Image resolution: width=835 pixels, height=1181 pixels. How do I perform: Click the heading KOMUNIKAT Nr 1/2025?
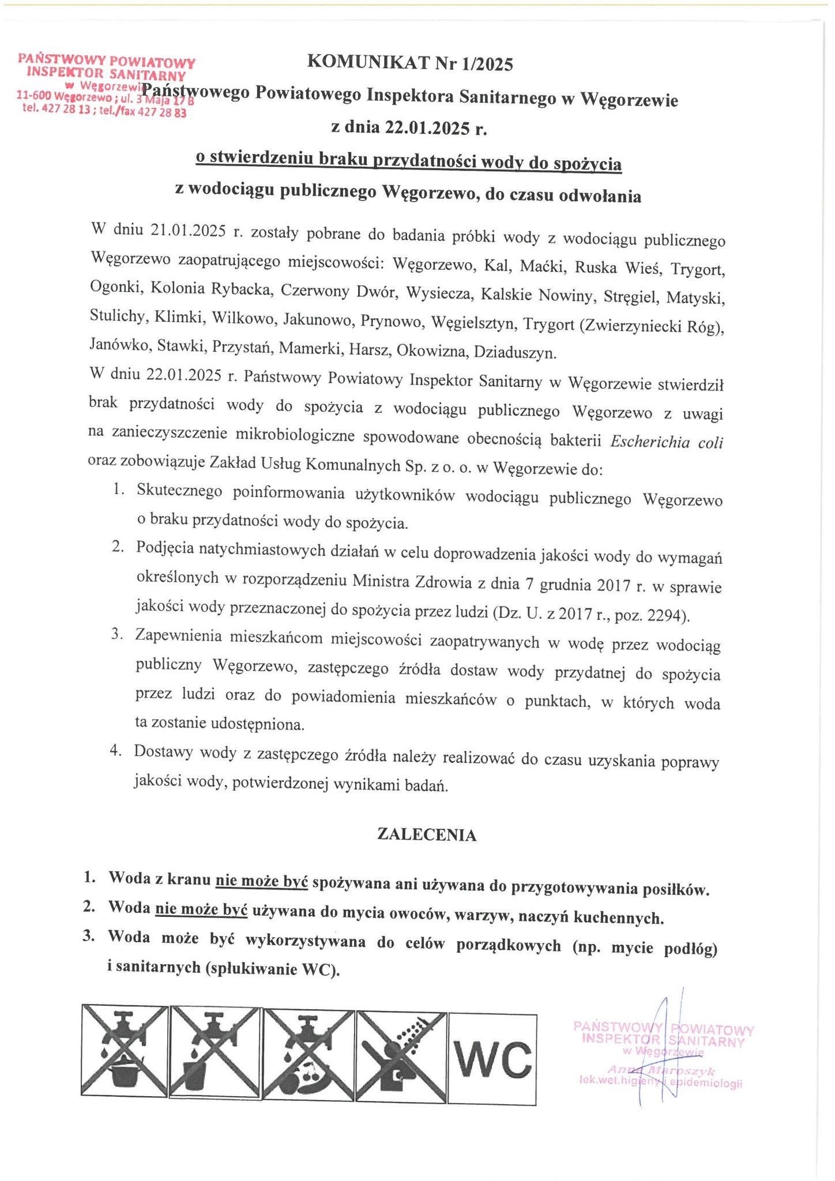(410, 63)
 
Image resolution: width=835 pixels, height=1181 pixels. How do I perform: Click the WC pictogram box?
(492, 1059)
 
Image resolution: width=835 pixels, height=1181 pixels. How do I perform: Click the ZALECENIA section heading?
(426, 835)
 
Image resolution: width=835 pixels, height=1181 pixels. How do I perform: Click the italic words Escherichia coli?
(666, 442)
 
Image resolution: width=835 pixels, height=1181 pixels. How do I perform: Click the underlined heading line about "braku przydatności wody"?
(408, 162)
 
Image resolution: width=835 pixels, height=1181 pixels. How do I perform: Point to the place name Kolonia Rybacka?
(211, 290)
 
